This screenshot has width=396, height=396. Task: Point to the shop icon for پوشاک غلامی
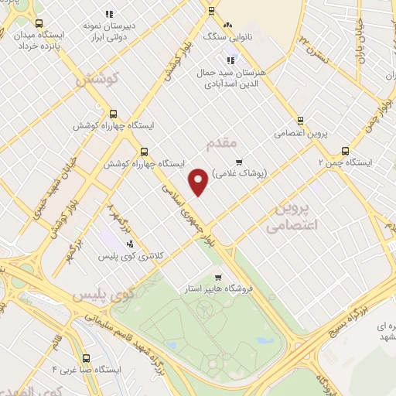(239, 162)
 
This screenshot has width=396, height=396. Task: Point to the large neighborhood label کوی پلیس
(101, 295)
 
